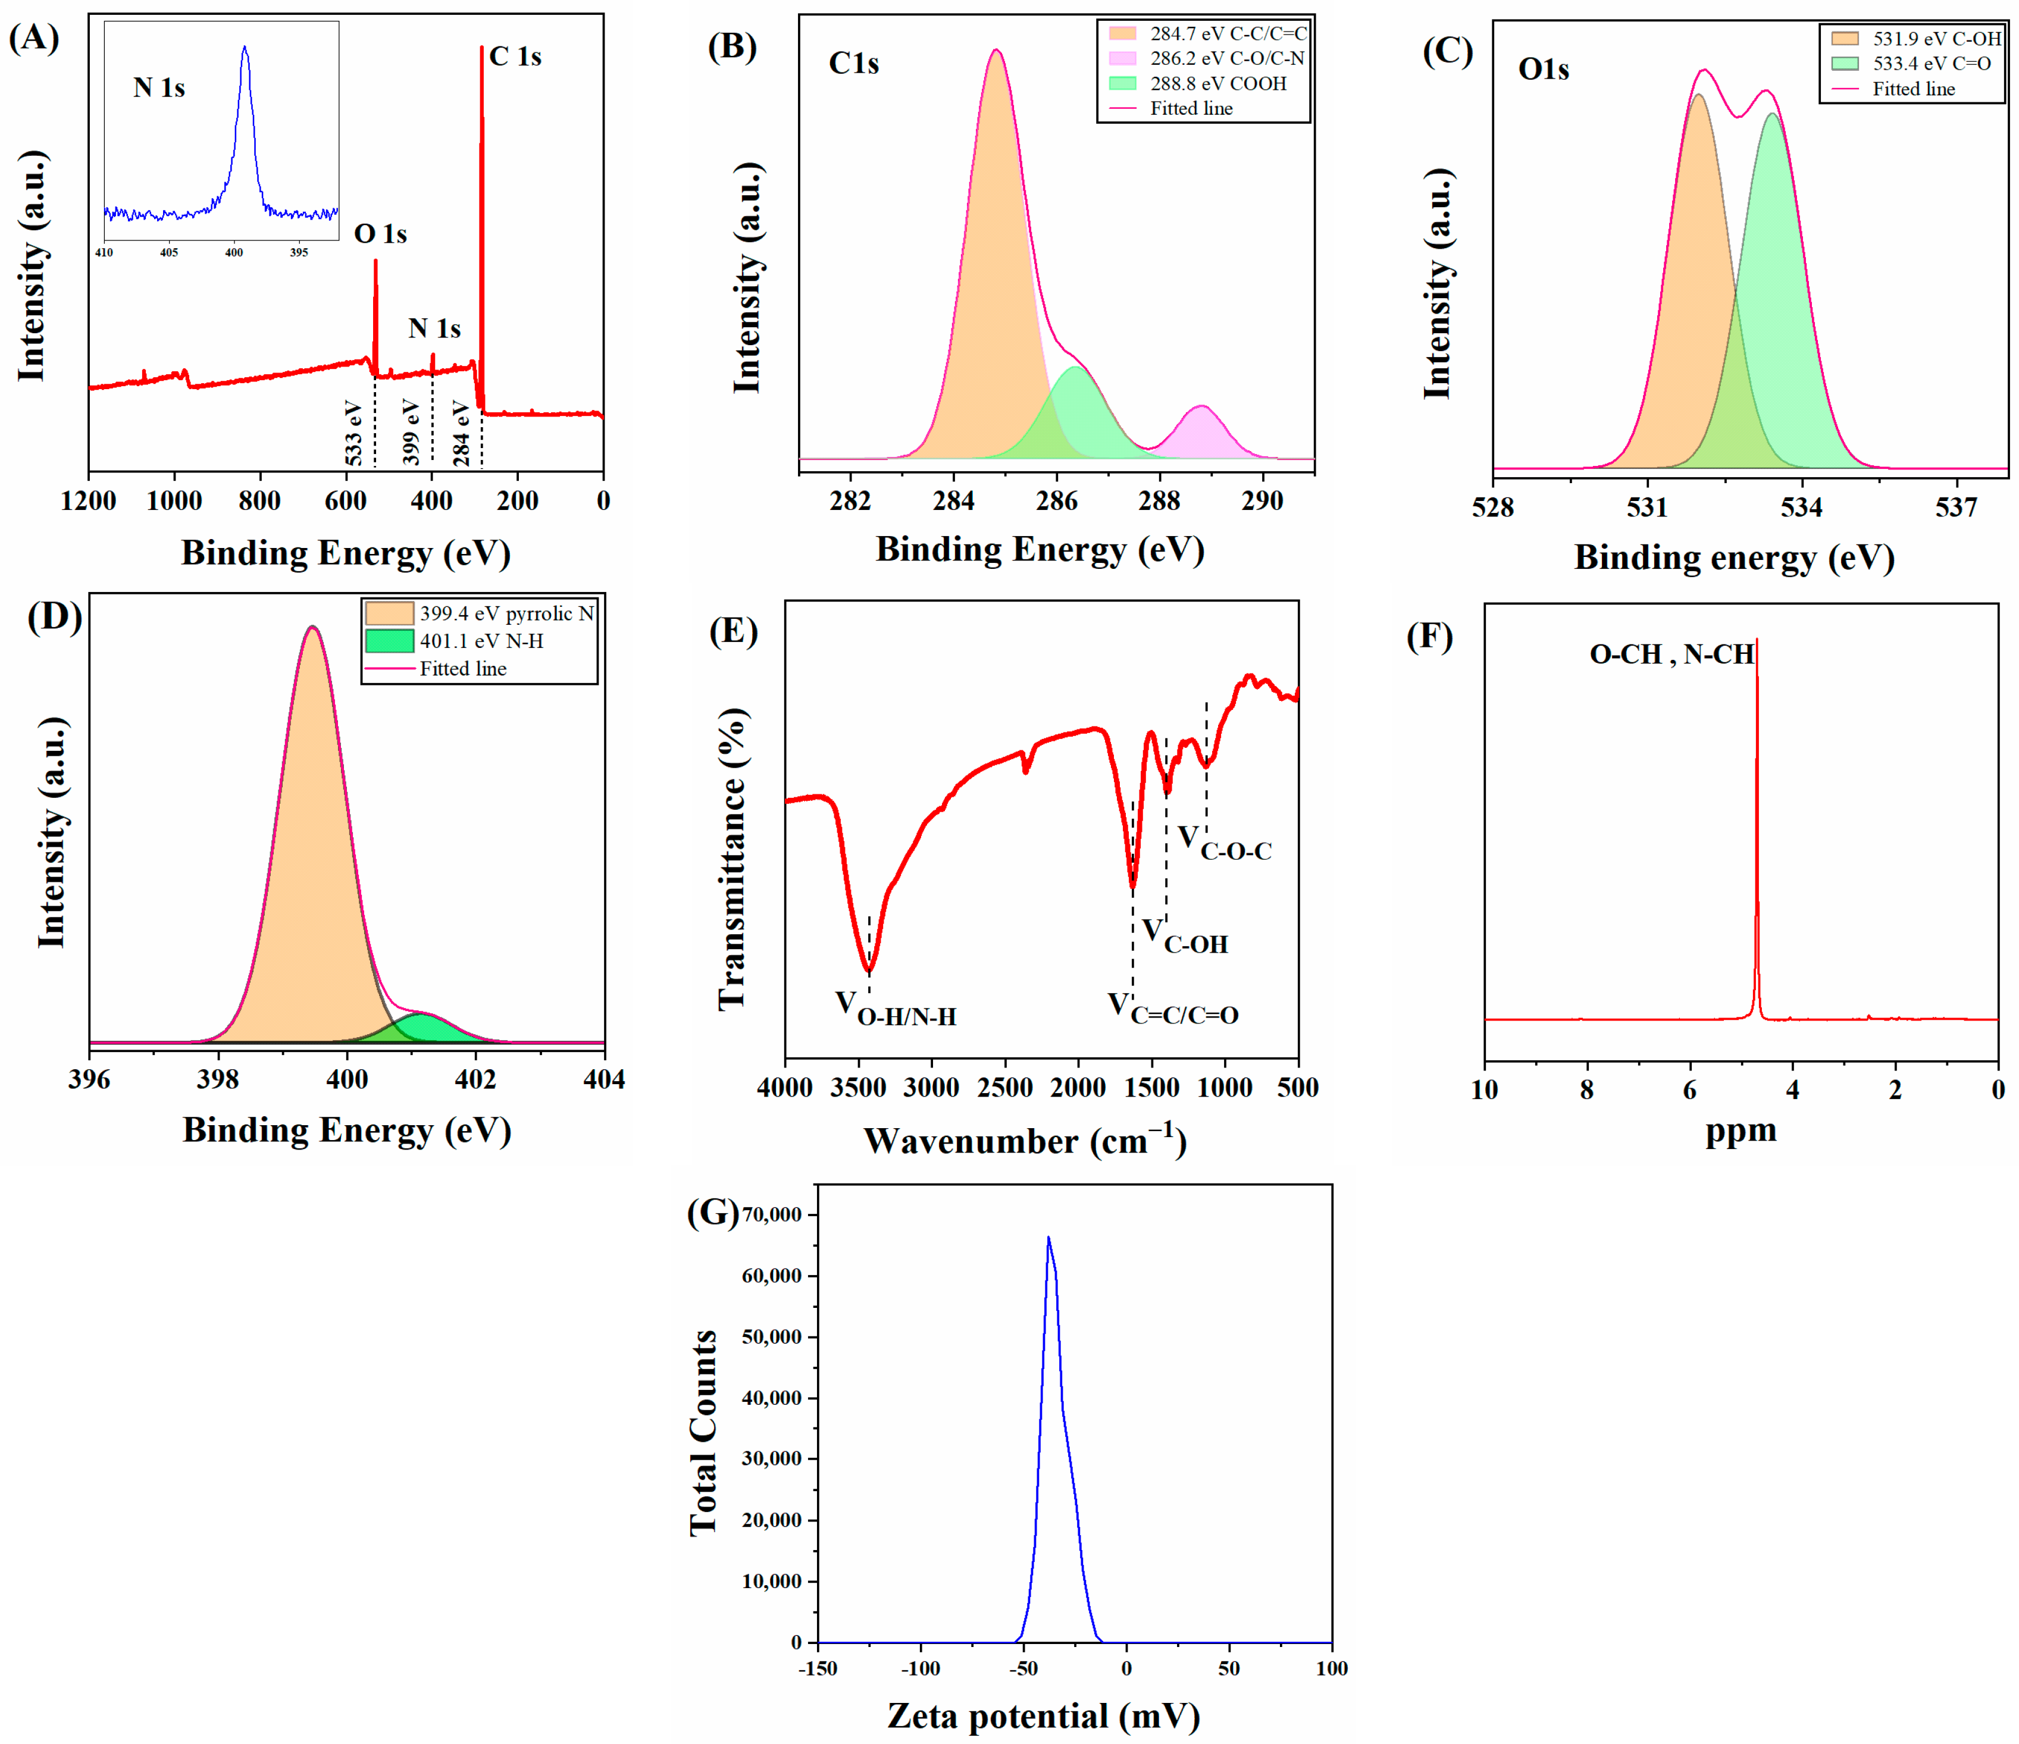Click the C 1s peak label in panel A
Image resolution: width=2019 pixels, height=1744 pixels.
(515, 57)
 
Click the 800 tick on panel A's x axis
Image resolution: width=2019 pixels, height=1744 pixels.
(259, 501)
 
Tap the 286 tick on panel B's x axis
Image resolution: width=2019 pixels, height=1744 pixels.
(1056, 501)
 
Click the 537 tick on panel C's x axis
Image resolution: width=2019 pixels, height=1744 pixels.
(1956, 508)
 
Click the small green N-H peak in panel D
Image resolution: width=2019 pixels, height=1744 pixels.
(421, 1027)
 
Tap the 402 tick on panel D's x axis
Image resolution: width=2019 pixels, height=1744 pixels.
(475, 1079)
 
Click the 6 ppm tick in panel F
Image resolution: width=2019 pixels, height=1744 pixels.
(1690, 1090)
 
